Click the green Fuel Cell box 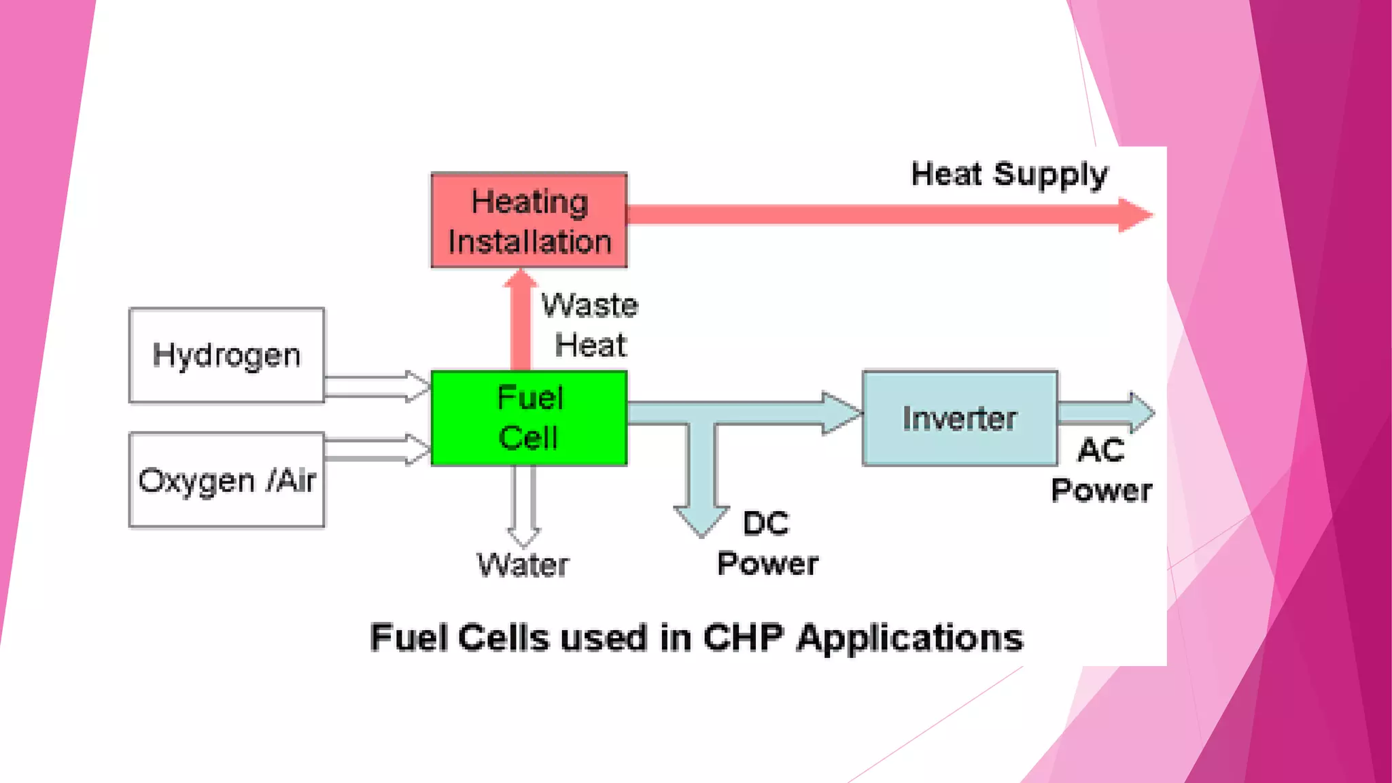529,417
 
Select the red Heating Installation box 529,220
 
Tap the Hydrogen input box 226,355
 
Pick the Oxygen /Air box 226,480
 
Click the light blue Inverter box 959,418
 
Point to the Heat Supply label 1009,175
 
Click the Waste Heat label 590,325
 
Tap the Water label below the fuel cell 523,565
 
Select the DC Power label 767,544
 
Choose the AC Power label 1101,470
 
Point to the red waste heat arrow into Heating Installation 521,319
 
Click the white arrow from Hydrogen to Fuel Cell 377,386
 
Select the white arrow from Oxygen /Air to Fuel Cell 377,449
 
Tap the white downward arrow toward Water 523,503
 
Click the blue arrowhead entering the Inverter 840,413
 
